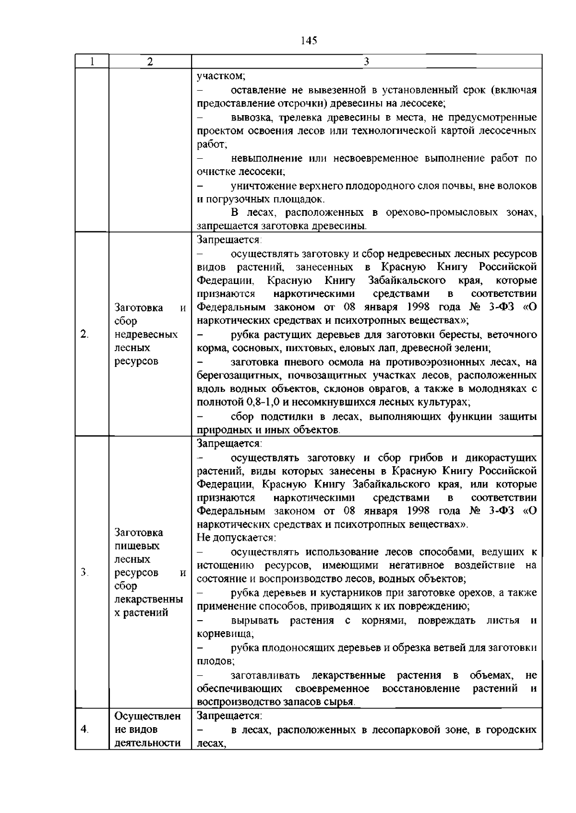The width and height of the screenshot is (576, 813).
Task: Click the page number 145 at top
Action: pyautogui.click(x=309, y=41)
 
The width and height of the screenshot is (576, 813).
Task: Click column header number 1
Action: pyautogui.click(x=92, y=62)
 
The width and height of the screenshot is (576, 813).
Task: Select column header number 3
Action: pyautogui.click(x=367, y=62)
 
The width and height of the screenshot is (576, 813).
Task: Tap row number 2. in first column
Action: pyautogui.click(x=84, y=334)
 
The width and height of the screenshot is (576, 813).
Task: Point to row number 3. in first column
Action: pyautogui.click(x=84, y=572)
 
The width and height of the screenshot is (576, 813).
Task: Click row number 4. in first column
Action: pyautogui.click(x=84, y=730)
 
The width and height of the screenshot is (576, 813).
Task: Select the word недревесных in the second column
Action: pyautogui.click(x=146, y=334)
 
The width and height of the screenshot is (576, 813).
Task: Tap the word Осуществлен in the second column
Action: pyautogui.click(x=148, y=716)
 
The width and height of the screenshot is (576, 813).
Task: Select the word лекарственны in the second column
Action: pyautogui.click(x=149, y=599)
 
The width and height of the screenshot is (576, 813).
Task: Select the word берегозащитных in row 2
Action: pyautogui.click(x=234, y=375)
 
